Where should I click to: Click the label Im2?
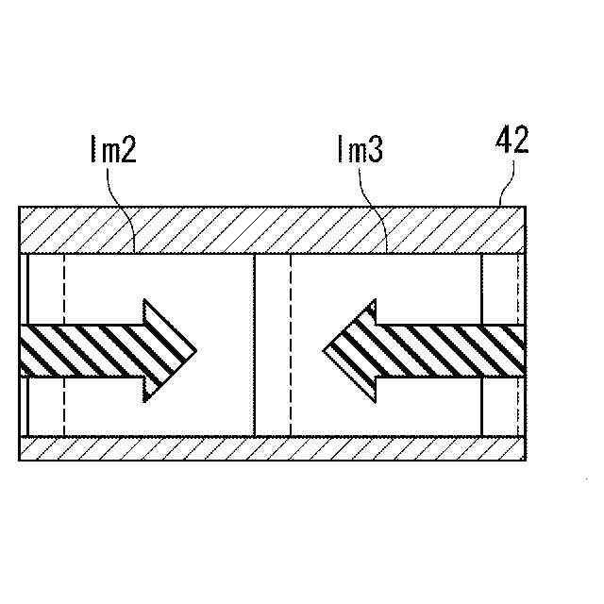click(113, 152)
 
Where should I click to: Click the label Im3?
click(360, 152)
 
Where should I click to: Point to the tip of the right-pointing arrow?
click(195, 350)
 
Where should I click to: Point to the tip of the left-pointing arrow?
click(325, 350)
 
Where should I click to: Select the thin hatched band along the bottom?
click(274, 448)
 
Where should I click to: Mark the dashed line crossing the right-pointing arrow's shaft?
click(63, 350)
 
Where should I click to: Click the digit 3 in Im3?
click(375, 152)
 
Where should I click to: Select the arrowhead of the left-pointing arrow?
click(354, 350)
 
